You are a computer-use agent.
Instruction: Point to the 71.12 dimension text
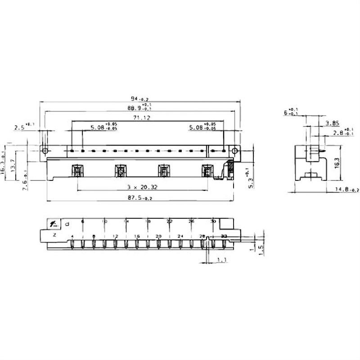coord(141,118)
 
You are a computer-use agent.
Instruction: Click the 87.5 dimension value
coord(139,197)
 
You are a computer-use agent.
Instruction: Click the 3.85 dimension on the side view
coord(332,123)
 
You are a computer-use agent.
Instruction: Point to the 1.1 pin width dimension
coord(221,260)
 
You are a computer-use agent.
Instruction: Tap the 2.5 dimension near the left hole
coord(20,127)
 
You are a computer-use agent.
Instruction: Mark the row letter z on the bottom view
coord(54,235)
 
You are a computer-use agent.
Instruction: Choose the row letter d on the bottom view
coord(67,223)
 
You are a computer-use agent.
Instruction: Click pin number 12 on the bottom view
coord(115,236)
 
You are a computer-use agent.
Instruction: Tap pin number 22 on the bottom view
coord(170,222)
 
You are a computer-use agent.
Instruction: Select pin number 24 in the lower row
coord(180,236)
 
